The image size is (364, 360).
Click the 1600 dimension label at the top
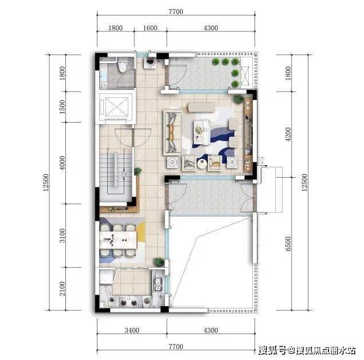tap(150, 28)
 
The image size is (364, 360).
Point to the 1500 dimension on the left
tap(62, 107)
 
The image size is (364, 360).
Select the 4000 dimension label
tap(62, 163)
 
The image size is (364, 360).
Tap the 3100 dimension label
tap(62, 236)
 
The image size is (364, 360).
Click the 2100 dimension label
tap(62, 289)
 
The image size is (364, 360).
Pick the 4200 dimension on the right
tap(288, 134)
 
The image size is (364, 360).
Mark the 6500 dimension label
tap(288, 244)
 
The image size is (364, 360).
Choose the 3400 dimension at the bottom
tap(132, 330)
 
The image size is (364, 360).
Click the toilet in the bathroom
tap(122, 65)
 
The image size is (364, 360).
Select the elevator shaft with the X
tap(116, 107)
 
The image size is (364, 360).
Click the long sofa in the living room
tap(173, 133)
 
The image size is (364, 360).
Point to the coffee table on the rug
tap(202, 132)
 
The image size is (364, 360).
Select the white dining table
tap(118, 240)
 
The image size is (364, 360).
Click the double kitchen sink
tap(158, 285)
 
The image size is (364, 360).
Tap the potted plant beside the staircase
tap(138, 171)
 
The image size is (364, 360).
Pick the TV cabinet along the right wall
tap(248, 135)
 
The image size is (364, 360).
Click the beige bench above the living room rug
tap(202, 107)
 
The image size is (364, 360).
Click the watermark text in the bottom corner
tap(307, 350)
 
